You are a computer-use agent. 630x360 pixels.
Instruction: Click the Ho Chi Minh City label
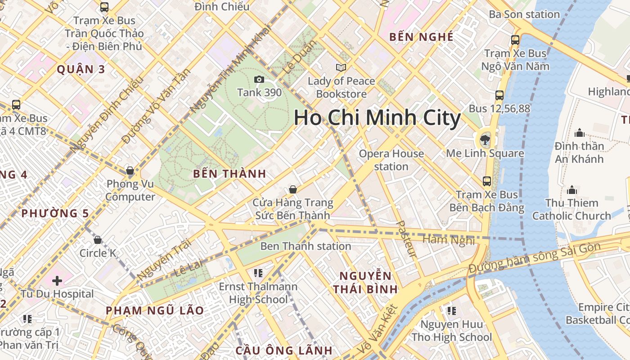coord(377,118)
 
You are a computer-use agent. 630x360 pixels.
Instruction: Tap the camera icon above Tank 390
coord(259,80)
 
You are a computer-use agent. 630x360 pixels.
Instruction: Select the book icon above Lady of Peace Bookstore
coord(341,67)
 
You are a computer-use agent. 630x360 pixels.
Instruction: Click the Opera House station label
coord(391,160)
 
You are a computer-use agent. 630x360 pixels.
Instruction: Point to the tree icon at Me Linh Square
coord(485,139)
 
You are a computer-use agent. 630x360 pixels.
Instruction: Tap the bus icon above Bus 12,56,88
coord(499,95)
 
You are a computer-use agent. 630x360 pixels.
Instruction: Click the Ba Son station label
coord(524,14)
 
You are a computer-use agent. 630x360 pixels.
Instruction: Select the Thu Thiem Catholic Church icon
coord(572,190)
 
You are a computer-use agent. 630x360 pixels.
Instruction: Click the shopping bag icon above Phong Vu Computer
coord(130,171)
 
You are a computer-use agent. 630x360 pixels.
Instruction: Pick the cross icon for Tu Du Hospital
coord(57,281)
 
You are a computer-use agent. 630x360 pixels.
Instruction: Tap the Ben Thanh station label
coord(306,246)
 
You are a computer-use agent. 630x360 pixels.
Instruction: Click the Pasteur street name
coord(406,238)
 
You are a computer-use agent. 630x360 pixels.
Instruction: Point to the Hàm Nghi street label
coord(448,239)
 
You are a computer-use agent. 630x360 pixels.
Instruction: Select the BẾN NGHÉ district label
coord(421,37)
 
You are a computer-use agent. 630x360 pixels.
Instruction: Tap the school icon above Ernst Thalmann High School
coord(258,273)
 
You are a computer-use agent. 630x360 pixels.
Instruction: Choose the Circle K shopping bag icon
coord(98,240)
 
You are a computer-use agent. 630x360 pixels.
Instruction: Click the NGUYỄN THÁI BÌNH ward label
coord(365,282)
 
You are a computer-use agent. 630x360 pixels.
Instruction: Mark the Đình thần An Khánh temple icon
coord(580,133)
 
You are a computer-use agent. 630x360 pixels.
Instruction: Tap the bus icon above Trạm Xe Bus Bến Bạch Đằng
coord(487,181)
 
